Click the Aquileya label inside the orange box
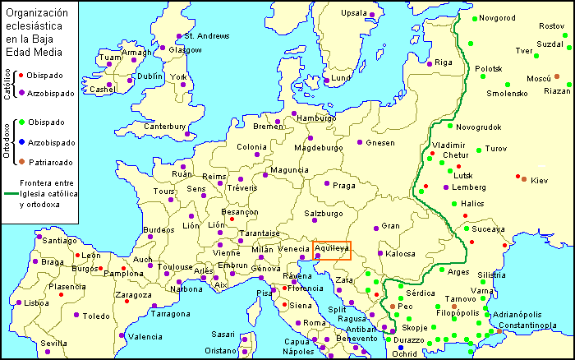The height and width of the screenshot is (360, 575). (x=332, y=247)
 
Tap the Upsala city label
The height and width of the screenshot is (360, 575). (x=354, y=13)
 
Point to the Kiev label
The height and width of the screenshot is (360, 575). (x=539, y=180)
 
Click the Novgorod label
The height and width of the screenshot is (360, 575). (x=497, y=18)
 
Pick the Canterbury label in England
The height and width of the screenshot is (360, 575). (x=165, y=127)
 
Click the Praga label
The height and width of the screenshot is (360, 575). (x=344, y=185)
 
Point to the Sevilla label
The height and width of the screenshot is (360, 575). (x=54, y=343)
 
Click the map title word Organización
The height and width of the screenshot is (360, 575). (x=36, y=11)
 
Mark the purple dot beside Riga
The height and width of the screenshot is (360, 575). (x=427, y=62)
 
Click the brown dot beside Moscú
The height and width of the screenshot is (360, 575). (x=556, y=76)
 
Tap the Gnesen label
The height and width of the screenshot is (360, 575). (x=380, y=142)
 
